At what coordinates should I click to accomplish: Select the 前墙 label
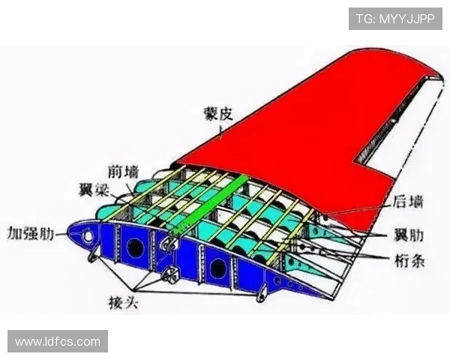tap(122, 171)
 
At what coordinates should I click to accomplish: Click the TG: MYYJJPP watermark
tap(395, 19)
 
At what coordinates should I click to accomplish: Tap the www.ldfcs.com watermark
tap(58, 341)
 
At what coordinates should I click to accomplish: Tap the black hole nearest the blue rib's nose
tap(136, 248)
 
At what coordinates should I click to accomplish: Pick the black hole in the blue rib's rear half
tap(217, 267)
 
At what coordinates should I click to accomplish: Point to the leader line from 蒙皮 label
tap(220, 132)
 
